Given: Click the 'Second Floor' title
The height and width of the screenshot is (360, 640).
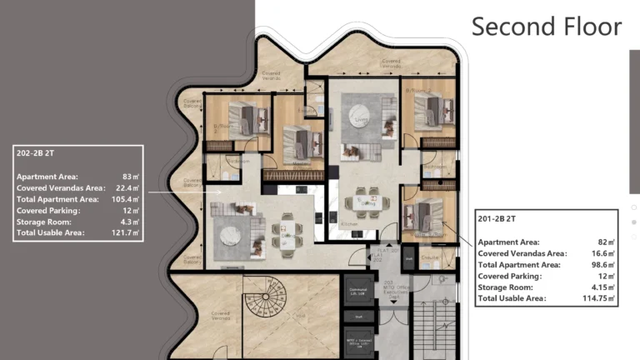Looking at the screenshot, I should tap(546, 27).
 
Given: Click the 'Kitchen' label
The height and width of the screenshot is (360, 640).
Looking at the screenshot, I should tap(350, 225).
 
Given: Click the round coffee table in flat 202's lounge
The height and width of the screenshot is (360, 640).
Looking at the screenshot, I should tap(231, 236).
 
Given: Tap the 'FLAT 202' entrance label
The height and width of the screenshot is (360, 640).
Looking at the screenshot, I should tap(380, 253).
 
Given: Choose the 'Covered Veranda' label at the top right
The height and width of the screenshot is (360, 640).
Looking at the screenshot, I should tap(392, 62).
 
